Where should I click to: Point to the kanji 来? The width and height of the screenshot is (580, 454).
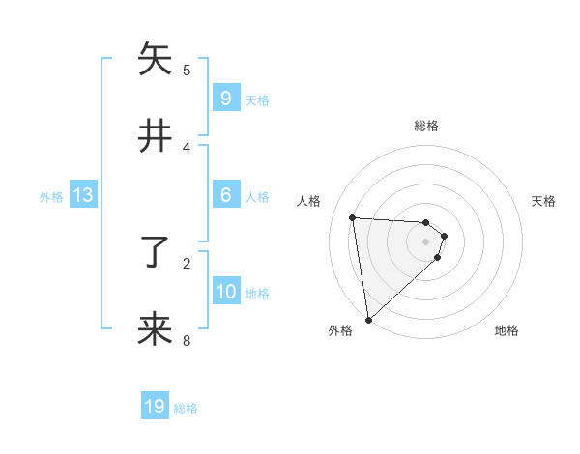click(155, 329)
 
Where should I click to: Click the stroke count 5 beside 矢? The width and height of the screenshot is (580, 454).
click(187, 71)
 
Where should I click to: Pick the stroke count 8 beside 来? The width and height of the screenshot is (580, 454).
click(187, 340)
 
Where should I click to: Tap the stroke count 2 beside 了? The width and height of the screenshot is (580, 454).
click(187, 263)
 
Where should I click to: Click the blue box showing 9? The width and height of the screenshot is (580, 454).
click(225, 99)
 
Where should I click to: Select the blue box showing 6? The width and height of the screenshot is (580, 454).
click(225, 195)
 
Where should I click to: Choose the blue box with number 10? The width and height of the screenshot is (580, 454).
click(226, 292)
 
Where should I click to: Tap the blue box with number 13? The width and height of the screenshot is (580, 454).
click(82, 195)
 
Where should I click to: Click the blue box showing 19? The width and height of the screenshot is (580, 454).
click(155, 407)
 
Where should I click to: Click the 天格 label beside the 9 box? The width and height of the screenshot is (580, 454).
click(257, 99)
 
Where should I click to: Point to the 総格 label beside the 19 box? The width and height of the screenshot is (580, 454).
click(186, 408)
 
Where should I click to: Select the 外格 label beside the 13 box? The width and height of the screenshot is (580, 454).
click(51, 196)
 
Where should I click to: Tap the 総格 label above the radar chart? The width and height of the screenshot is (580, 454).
click(425, 126)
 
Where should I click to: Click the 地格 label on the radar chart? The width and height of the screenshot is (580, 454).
click(507, 330)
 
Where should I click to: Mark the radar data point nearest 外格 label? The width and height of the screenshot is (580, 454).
click(368, 319)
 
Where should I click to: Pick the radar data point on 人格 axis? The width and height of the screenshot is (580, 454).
click(352, 218)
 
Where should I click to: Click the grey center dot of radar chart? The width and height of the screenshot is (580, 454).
click(425, 241)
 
